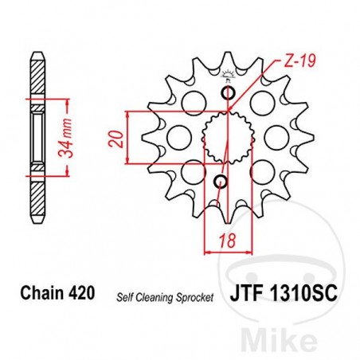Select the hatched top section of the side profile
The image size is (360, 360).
(x=37, y=76)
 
